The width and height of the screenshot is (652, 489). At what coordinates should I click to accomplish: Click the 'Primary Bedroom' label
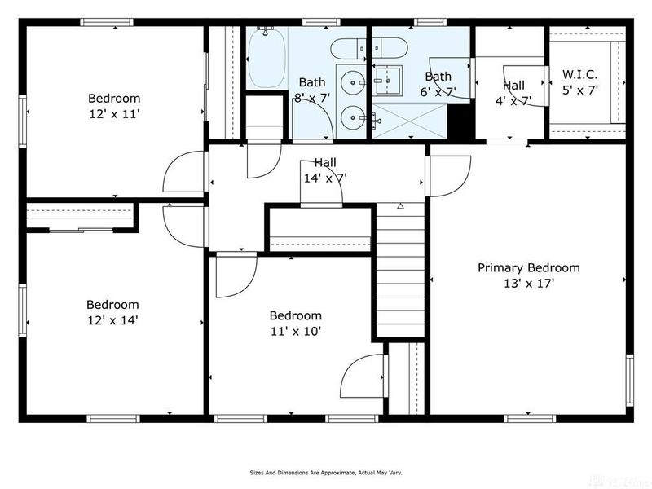point(528,267)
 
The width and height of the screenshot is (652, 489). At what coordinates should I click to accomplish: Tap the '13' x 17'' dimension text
point(528,284)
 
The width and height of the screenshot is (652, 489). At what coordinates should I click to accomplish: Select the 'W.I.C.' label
point(579,75)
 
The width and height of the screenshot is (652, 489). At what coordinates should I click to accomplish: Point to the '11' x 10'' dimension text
point(295,331)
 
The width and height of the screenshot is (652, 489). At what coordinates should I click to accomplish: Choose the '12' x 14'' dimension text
point(112,320)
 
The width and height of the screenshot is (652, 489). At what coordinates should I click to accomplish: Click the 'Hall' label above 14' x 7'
point(325,163)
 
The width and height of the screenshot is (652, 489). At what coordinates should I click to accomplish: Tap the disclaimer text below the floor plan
point(325,472)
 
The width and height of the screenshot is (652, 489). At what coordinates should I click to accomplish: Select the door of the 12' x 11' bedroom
point(184,171)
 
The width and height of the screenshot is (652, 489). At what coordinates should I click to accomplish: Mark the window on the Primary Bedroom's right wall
point(629,379)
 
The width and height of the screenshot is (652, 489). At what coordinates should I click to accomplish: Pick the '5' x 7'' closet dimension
point(579,90)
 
